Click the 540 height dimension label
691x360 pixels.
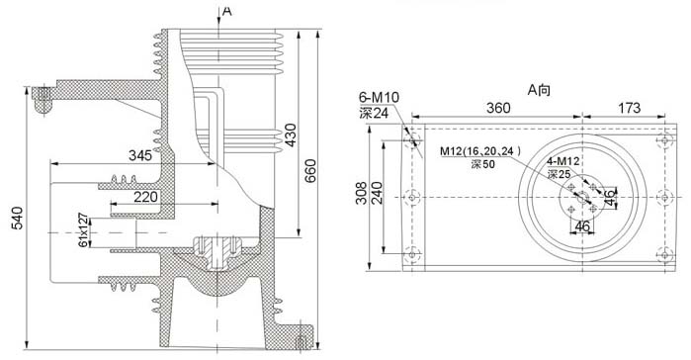point(18,219)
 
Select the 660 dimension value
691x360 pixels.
point(310,171)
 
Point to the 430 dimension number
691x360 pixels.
point(291,135)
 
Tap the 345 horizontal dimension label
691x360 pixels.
point(140,155)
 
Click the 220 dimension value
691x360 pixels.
point(145,197)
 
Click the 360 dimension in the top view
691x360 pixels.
point(498,108)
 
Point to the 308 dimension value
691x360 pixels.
point(362,193)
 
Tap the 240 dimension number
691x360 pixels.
point(377,193)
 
